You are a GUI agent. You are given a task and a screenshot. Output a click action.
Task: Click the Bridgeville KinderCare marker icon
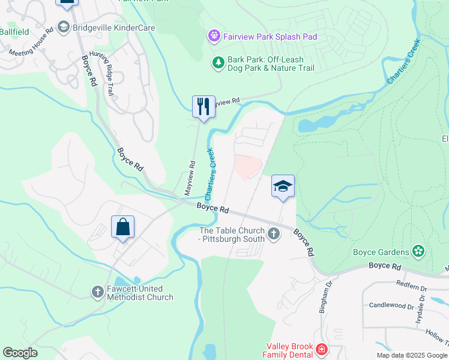point(63,27)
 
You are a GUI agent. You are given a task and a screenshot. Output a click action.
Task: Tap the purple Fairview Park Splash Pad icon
point(214,37)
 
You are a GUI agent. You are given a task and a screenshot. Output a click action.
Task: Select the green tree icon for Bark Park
point(218,62)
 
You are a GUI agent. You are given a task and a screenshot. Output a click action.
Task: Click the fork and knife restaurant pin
point(203,107)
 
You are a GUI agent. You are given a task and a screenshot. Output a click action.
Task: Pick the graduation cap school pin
point(283,186)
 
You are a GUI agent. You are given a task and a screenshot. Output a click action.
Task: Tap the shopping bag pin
point(122,227)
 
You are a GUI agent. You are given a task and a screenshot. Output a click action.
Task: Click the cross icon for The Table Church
point(274,233)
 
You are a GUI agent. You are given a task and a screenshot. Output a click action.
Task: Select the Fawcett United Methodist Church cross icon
point(98,292)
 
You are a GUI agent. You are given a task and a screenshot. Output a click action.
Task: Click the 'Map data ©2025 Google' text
point(412,355)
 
